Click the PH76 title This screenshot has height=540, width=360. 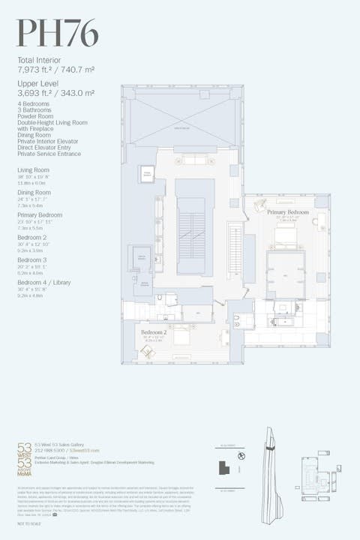coord(58,34)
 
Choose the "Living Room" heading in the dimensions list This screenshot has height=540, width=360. coord(34,170)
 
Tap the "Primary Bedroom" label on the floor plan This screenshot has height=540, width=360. coord(288,213)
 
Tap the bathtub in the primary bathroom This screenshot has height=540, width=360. coord(286,321)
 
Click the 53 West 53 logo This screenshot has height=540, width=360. coord(25,457)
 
